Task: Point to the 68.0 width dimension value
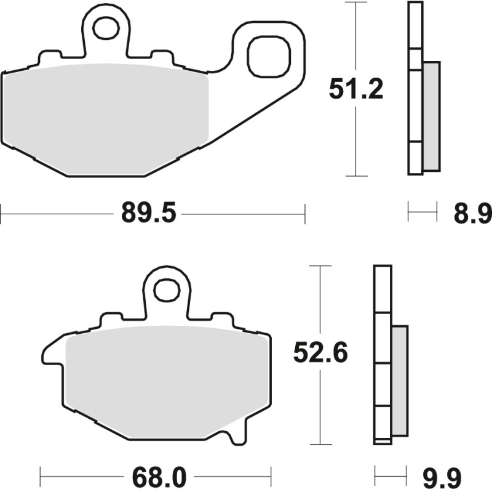coord(157,476)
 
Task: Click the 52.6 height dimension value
coord(320,354)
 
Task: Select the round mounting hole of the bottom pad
coord(165,291)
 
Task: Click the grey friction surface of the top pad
coord(105,114)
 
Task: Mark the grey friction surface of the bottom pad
coord(166,376)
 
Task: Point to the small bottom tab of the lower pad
coord(233,436)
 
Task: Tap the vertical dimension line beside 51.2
coord(355,142)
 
